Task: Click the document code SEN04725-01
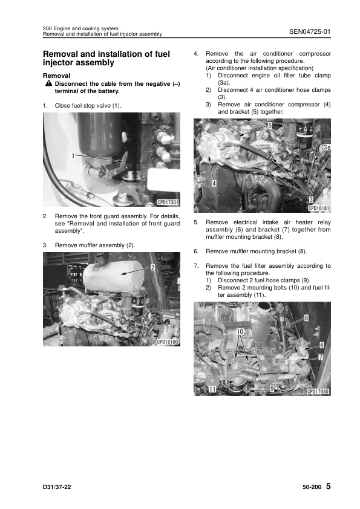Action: [310, 31]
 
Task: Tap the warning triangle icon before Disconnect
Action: [49, 83]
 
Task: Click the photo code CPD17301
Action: [168, 203]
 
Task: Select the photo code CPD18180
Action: [168, 342]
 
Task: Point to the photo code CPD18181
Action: [318, 209]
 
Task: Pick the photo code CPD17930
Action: [318, 392]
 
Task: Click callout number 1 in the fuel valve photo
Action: [73, 156]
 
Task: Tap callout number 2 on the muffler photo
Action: [152, 268]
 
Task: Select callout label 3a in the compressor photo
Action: [327, 148]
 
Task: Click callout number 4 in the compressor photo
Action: [214, 183]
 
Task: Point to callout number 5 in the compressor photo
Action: [270, 125]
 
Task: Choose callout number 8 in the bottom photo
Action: [306, 318]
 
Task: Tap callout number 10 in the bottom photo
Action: [240, 331]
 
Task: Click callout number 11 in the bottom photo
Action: [212, 389]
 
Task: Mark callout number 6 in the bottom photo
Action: [322, 345]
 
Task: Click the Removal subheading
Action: [56, 76]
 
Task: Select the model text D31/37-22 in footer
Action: [57, 487]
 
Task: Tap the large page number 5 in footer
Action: [328, 486]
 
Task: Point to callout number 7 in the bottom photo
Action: [320, 357]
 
